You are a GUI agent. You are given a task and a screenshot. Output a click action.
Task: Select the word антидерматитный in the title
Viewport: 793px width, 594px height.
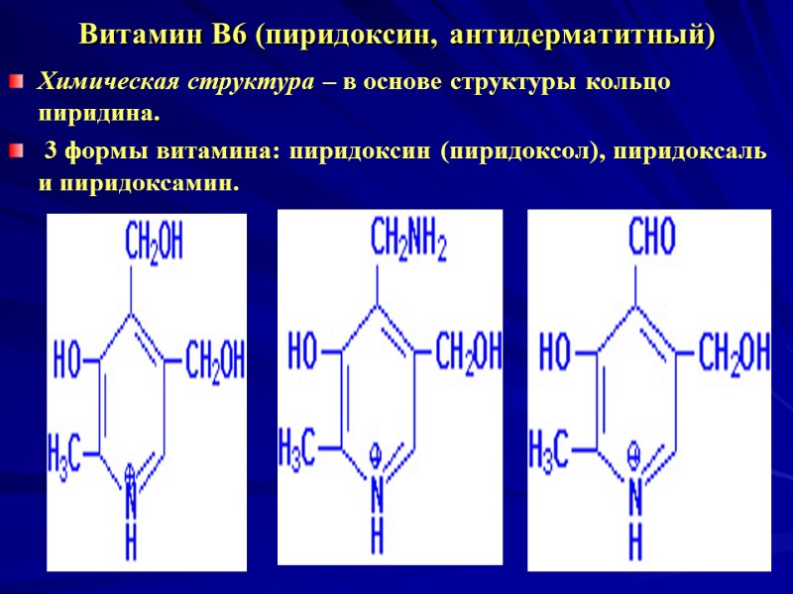click(x=580, y=37)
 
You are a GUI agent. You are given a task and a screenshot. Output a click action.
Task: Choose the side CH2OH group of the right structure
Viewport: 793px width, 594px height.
click(x=734, y=352)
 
